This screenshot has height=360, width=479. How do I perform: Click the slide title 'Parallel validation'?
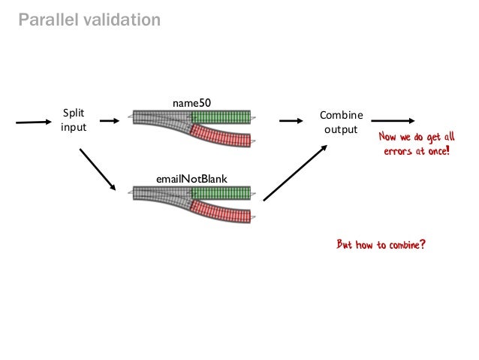[89, 20]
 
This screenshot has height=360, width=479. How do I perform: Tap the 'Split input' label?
[74, 120]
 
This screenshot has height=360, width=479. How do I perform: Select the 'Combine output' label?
[341, 122]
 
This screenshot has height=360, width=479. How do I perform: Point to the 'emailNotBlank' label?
[191, 177]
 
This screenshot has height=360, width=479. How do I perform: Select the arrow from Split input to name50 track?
[109, 120]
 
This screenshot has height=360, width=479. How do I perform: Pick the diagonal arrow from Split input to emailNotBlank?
[98, 168]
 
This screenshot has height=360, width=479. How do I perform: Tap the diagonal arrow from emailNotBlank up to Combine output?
[296, 171]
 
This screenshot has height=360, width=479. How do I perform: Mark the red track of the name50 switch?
[221, 137]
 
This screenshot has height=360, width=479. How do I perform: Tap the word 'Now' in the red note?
[388, 138]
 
